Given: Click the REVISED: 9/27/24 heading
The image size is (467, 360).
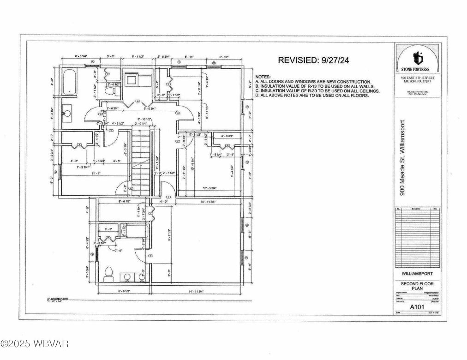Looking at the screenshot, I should click(317, 60).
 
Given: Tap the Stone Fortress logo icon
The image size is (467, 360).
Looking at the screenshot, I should click(418, 58).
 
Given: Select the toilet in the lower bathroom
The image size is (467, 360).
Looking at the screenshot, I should click(109, 274).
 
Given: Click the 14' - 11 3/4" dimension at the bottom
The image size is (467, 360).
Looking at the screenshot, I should click(197, 292).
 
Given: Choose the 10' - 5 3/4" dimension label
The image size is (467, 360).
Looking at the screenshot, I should click(210, 188).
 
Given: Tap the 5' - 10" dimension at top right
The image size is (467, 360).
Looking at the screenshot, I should click(224, 57).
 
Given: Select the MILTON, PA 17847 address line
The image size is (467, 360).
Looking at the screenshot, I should click(418, 81).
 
